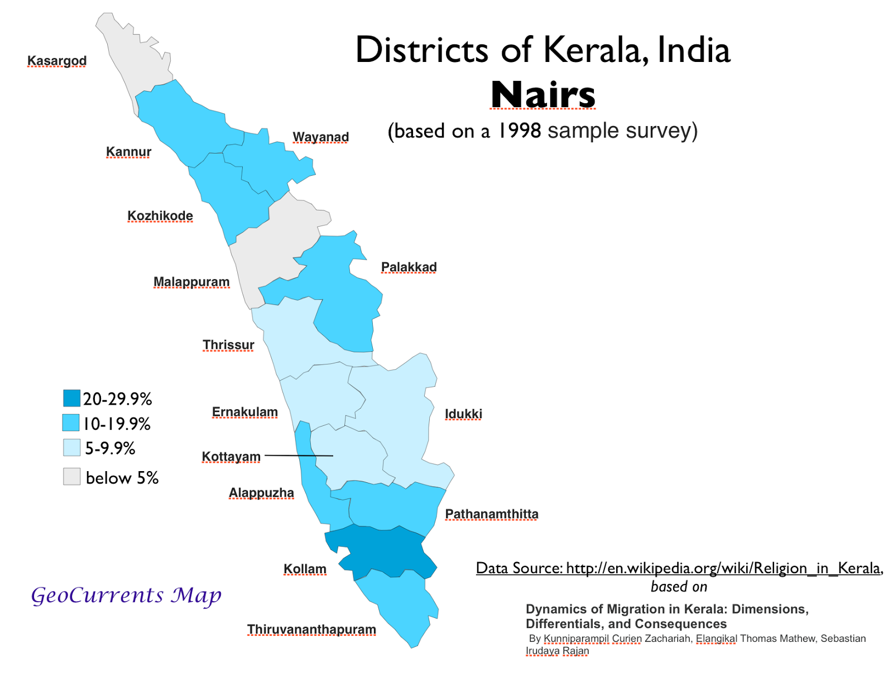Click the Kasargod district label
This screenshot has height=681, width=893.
(57, 60)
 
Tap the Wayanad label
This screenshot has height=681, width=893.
(320, 137)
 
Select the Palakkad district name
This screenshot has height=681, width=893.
(409, 267)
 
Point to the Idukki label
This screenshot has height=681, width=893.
(463, 414)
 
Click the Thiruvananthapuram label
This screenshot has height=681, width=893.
(311, 629)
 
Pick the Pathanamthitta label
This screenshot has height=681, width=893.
(491, 514)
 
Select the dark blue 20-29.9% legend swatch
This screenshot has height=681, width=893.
(71, 398)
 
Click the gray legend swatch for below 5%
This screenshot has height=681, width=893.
(71, 477)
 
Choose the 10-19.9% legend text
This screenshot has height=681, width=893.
(117, 424)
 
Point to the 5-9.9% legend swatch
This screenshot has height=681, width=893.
(71, 448)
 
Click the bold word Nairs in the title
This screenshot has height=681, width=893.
(543, 95)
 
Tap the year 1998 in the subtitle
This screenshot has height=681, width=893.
(519, 131)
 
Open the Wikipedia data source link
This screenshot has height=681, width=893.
(679, 568)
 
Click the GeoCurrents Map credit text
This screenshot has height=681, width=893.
(126, 595)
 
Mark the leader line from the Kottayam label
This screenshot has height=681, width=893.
(299, 455)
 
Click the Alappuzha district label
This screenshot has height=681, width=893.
(261, 493)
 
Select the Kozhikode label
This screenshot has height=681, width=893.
(160, 215)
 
